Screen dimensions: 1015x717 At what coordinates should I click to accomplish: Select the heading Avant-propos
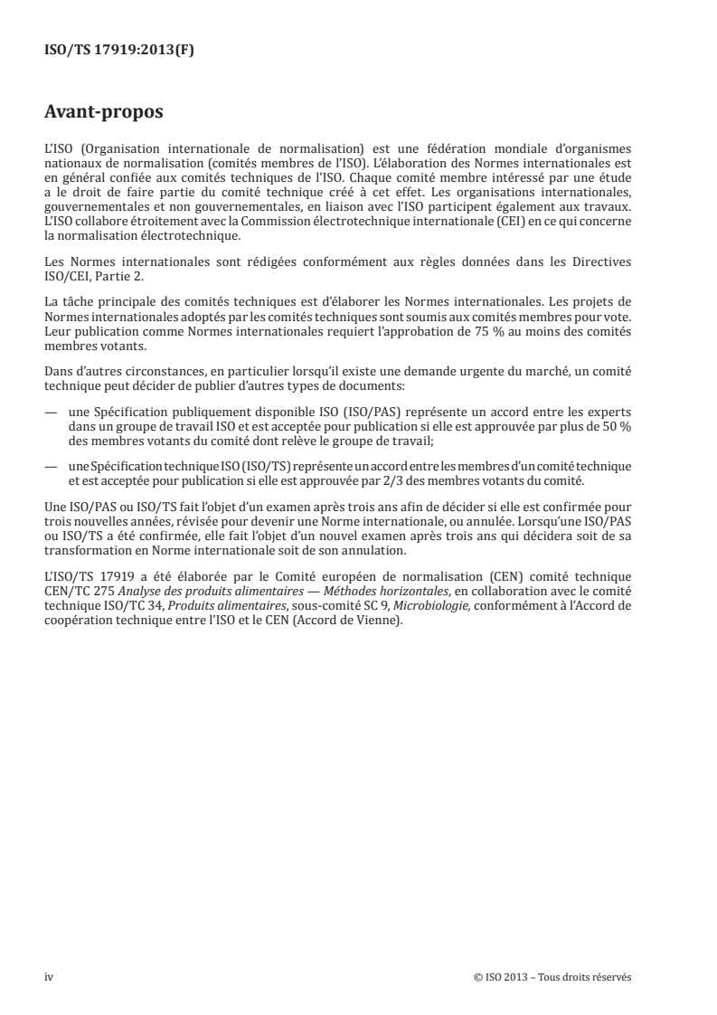point(104,113)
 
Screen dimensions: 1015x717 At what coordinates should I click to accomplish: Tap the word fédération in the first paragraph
point(485,147)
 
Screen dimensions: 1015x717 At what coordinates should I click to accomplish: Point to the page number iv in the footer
point(49,978)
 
